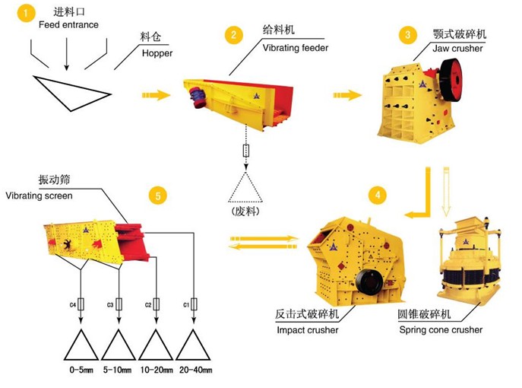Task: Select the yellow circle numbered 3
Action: coord(410,35)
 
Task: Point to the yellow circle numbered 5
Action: coord(157,196)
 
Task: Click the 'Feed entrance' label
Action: coord(68,25)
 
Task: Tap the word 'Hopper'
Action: coord(157,53)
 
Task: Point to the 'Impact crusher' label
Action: coord(308,329)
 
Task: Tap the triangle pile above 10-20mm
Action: coord(156,345)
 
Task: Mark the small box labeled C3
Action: coord(119,304)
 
